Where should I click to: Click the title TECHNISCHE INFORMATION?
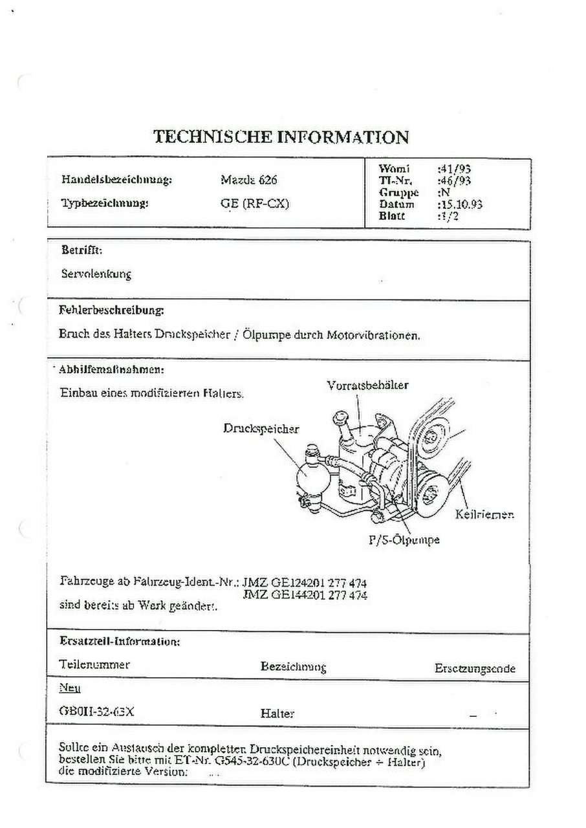point(281,137)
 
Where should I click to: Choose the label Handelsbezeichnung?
point(116,180)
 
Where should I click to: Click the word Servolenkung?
point(96,274)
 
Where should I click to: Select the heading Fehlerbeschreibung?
point(111,310)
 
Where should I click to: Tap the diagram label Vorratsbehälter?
point(367,385)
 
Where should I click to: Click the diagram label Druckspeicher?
point(261,428)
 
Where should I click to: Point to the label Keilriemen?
point(484,515)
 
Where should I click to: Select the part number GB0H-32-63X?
point(96,712)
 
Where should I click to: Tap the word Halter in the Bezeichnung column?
point(277,714)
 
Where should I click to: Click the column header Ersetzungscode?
point(475,668)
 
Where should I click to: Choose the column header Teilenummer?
point(94,664)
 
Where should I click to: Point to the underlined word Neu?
point(69,688)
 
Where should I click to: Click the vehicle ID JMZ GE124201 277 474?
point(304,582)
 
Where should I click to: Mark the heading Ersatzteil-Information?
point(119,642)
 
